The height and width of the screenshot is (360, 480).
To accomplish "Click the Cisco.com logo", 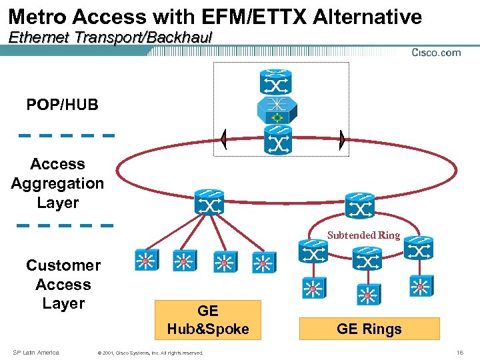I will point(436,53).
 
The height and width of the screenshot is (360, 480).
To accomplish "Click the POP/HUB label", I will point(62,105).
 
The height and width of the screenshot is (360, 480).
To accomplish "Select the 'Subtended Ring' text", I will point(363,235).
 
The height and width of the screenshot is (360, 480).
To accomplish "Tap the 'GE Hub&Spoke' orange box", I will point(208,319).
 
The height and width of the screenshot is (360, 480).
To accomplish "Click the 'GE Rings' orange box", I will point(369,329).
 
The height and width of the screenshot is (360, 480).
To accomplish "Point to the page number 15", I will point(460,352).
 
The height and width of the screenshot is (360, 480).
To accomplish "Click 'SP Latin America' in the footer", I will point(36,352).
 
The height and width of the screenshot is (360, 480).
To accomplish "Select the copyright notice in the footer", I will point(151,353).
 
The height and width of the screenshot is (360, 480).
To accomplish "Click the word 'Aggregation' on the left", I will point(57,183).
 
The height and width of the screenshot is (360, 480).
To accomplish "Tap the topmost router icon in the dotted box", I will point(275,81).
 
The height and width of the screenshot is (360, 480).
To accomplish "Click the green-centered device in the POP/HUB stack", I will point(275,110).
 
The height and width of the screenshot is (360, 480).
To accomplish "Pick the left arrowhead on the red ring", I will point(225,140).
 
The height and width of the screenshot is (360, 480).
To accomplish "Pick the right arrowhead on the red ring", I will point(341,140).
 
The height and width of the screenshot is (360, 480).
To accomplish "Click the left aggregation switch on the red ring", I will point(209,202).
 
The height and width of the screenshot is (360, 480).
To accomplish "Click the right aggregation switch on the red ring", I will point(360,206).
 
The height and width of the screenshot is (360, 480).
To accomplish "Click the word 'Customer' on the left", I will point(63,265).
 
